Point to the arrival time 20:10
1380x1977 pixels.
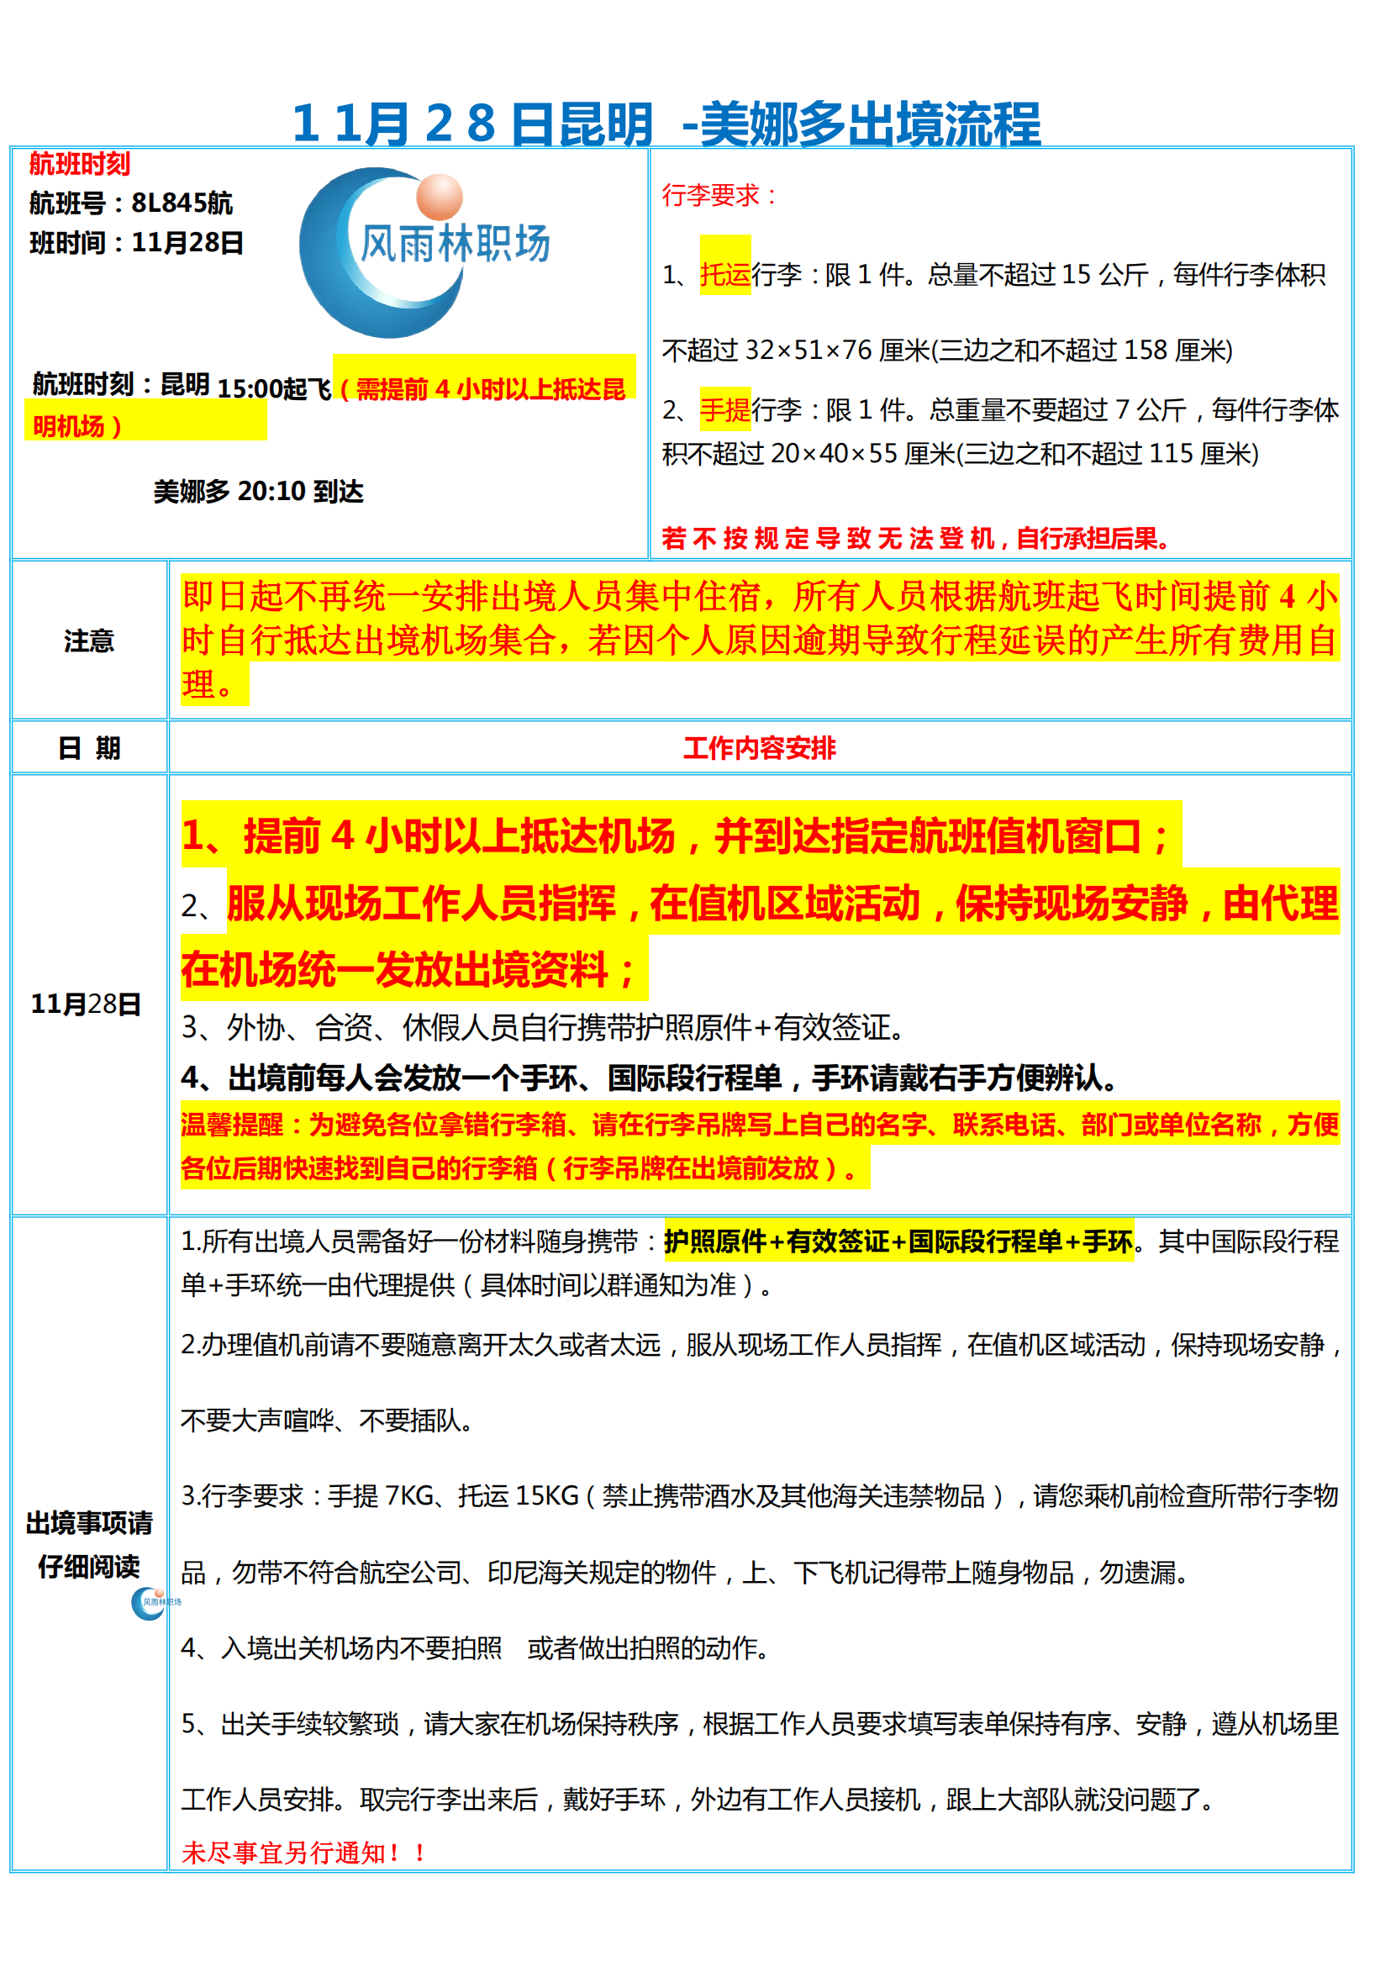point(271,492)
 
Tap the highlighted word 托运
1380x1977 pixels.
point(724,275)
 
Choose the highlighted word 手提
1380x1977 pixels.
point(724,411)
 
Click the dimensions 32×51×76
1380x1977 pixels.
point(809,351)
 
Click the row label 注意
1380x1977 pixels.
point(89,641)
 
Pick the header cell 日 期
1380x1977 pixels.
point(89,748)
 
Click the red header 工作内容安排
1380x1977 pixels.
point(759,748)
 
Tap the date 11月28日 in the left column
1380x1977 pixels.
point(86,1004)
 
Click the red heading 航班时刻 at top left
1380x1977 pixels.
point(79,164)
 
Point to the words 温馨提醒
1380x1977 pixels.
point(231,1125)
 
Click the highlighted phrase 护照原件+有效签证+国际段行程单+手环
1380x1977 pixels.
point(898,1241)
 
